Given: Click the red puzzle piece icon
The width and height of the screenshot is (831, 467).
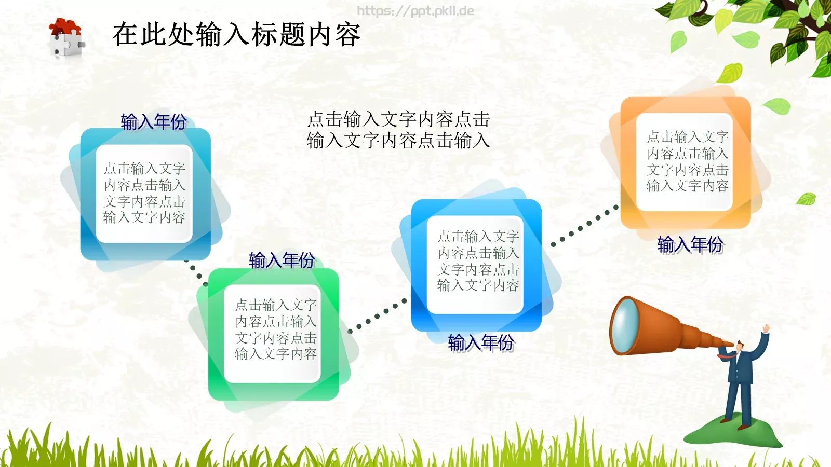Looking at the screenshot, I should click(x=65, y=27).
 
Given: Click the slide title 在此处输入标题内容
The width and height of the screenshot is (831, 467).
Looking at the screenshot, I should click(x=236, y=35).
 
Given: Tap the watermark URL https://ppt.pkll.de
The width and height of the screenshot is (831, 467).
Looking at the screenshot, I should click(x=415, y=11).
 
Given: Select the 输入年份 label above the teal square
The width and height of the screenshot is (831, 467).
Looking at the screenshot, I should click(x=153, y=122).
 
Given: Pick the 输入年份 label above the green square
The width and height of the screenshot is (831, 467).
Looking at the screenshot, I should click(x=282, y=260).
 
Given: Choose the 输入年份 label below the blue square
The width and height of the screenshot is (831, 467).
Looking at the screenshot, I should click(x=480, y=342).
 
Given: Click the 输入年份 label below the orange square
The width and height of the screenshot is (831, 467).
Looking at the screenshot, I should click(x=690, y=244).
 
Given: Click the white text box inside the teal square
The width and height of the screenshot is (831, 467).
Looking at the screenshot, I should click(x=144, y=194).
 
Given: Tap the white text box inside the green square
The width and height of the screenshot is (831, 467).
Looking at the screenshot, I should click(x=275, y=330).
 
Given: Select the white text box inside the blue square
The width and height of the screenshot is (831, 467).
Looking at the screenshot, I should click(x=478, y=262).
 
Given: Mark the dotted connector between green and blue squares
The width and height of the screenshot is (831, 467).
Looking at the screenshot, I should click(x=378, y=315).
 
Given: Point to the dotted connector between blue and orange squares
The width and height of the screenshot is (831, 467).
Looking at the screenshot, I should click(x=585, y=225).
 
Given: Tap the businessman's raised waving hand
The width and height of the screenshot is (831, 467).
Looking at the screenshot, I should click(x=766, y=329).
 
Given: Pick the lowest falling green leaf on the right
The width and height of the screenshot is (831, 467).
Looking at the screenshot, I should click(x=807, y=198).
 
